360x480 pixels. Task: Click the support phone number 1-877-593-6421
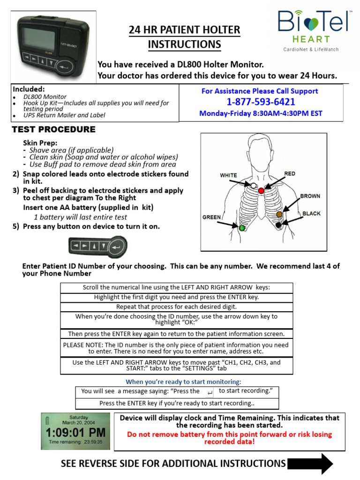pos(261,102)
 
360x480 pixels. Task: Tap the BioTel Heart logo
pos(313,31)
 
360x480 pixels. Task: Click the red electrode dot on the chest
pos(261,191)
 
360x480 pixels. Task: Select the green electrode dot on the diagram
pos(242,228)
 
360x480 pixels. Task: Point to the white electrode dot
pos(254,186)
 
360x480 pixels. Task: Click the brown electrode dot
pos(279,214)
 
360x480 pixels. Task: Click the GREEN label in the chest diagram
pos(212,217)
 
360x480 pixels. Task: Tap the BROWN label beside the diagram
pos(310,196)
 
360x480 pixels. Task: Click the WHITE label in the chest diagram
pos(228,175)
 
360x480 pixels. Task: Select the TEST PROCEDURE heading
pos(53,129)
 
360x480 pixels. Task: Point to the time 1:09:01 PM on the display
pos(75,432)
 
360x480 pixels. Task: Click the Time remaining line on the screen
pos(75,442)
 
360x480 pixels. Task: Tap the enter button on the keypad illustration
pos(119,245)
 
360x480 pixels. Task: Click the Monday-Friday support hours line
pos(261,113)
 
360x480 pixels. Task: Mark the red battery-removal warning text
pos(229,438)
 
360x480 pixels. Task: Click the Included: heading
pos(29,89)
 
